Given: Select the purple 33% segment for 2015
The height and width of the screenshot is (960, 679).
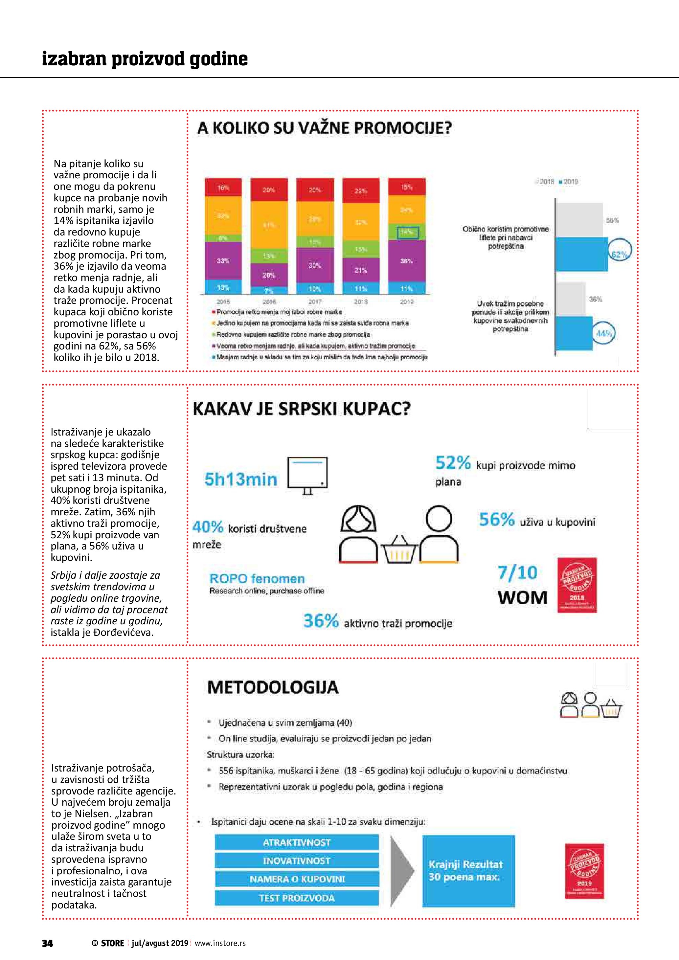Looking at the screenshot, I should point(223,260).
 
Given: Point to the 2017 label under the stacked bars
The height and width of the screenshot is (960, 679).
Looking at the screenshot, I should point(314,301).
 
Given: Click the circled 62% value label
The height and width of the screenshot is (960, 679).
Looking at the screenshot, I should point(619,255).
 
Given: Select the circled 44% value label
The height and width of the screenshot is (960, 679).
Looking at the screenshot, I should point(604,333).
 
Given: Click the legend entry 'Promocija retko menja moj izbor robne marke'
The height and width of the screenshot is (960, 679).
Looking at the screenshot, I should point(279,312).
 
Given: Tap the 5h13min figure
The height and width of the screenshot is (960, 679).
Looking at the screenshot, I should point(241,479).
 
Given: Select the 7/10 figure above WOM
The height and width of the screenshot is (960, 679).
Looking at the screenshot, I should point(518,572).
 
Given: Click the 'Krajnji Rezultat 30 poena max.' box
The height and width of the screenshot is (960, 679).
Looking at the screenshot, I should point(468,871).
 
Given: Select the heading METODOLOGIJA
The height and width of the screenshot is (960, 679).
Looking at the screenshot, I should point(273,687).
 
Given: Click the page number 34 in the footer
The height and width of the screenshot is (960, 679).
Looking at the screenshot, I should point(47,943).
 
